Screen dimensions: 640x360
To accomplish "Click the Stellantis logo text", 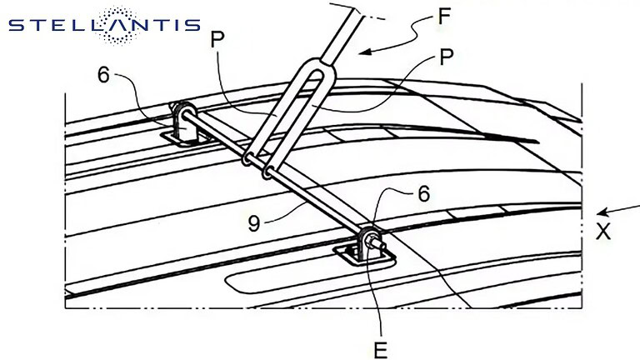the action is [104, 25].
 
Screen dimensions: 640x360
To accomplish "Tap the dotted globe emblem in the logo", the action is [118, 25].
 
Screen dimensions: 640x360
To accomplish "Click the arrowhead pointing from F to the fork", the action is [365, 52].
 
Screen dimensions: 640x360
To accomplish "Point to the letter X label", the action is [603, 232].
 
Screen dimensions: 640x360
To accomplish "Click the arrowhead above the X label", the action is [602, 212].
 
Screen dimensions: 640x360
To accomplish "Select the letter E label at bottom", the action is [380, 350].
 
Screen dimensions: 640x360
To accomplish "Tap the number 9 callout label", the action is [253, 223].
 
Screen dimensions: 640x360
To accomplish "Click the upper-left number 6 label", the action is [103, 75].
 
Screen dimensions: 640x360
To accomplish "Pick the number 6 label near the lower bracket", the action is [424, 193].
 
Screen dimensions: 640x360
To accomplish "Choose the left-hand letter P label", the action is [217, 40].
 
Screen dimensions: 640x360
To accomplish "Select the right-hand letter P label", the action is [446, 57].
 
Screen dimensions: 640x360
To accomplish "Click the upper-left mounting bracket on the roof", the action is [184, 125].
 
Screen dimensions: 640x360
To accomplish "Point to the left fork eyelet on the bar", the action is [247, 159].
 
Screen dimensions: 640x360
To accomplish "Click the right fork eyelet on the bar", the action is [267, 172].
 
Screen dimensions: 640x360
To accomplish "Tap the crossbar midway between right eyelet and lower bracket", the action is [317, 201].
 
